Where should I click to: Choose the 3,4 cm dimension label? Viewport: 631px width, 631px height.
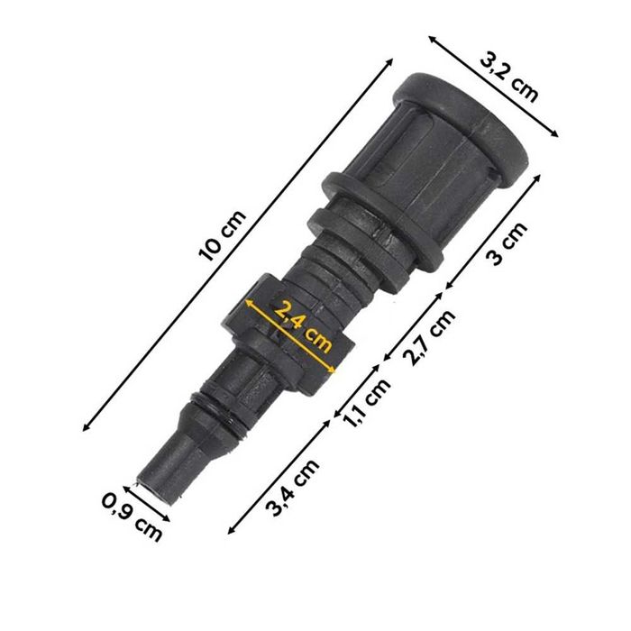[294, 487]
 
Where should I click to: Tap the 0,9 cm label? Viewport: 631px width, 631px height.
[133, 517]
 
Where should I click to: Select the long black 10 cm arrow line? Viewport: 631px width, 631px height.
[239, 243]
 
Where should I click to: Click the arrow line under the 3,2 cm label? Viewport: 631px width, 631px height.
[493, 87]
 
